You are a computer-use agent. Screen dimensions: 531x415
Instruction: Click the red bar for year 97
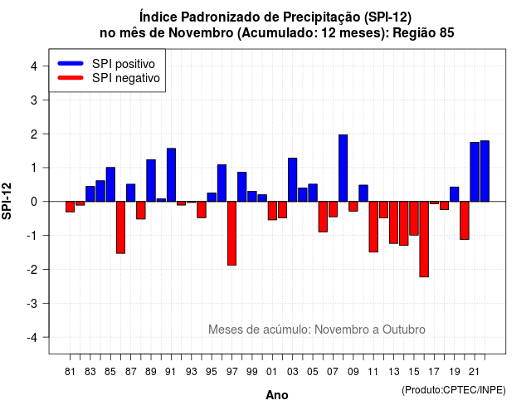pos(232,233)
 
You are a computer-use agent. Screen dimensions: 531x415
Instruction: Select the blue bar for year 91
pos(172,175)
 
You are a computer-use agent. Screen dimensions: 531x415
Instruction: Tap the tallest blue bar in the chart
pos(343,168)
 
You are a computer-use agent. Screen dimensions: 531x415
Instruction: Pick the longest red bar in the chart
pos(424,239)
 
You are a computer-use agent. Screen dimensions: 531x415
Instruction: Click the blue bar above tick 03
pos(293,180)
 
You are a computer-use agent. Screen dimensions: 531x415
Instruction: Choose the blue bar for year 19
pos(455,194)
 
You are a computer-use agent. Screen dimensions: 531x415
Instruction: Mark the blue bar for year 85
pos(110,184)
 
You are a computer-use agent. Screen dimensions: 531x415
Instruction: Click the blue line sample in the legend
pos(71,63)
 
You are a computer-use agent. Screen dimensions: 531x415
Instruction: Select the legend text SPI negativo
pos(126,78)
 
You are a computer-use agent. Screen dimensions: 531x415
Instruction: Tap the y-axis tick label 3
pos(34,100)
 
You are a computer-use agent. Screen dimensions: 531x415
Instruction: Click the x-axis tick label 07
pos(333,372)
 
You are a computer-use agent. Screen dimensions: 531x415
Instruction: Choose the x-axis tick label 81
pos(70,372)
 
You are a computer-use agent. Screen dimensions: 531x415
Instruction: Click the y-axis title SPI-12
pos(7,201)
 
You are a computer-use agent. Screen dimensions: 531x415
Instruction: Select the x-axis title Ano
pos(277,395)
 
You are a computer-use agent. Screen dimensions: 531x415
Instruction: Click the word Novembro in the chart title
pos(201,33)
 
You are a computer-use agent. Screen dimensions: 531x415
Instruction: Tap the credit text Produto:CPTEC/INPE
pos(454,390)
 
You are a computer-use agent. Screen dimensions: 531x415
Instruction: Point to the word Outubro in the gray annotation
pos(404,330)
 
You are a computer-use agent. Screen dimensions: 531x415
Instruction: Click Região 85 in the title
pos(423,33)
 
